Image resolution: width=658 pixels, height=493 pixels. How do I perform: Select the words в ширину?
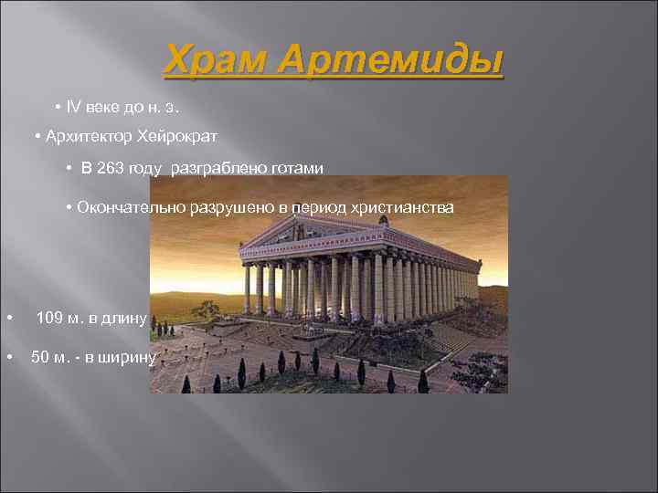124,357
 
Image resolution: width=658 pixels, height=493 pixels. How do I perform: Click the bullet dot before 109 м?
8,319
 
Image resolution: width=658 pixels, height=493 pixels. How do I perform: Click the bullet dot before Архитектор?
37,137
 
